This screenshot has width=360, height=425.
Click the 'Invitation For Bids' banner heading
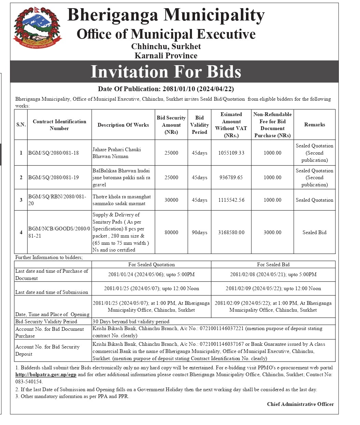coord(166,72)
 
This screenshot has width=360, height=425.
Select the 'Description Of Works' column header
coord(123,125)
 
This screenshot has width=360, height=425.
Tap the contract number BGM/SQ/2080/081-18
coord(53,153)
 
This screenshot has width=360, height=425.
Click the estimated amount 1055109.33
coord(231,153)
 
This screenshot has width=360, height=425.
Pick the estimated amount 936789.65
coord(231,178)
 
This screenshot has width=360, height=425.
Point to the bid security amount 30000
coord(171,200)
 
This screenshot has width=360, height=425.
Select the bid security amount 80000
coord(171,232)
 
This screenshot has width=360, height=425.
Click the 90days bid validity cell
coord(199,232)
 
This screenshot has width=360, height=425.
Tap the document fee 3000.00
coord(272,232)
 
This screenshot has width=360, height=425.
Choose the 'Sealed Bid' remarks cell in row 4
coord(314,232)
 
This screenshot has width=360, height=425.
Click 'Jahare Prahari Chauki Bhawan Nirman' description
coord(116,153)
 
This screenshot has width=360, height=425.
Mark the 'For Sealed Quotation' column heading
coord(151,265)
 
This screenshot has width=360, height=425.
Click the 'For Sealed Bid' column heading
coord(273,265)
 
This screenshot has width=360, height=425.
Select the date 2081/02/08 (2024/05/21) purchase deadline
coord(273,274)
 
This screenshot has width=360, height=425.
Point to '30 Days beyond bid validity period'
coord(131,322)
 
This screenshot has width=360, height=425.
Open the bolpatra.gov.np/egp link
coord(46,374)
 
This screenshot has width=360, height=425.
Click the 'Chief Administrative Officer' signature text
coord(300,404)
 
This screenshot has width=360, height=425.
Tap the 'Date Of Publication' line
coord(166,89)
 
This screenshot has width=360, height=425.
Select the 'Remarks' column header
coord(314,125)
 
